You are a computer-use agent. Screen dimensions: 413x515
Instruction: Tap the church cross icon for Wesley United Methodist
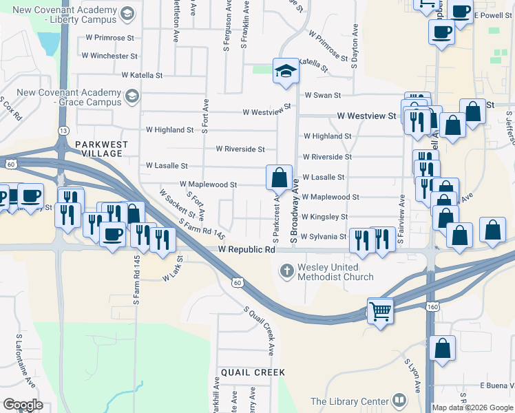(x=287, y=271)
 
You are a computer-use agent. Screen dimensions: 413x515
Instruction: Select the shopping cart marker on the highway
(x=379, y=312)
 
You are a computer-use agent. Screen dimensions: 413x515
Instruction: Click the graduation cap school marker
(x=286, y=70)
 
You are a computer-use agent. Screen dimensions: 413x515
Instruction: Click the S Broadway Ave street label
(x=295, y=211)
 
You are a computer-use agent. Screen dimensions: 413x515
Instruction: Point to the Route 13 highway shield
(x=63, y=129)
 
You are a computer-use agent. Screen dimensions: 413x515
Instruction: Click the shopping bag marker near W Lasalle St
(x=279, y=178)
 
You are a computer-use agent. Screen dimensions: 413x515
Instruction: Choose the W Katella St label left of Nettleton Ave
(x=142, y=75)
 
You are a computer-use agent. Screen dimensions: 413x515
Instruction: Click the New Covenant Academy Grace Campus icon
(x=131, y=98)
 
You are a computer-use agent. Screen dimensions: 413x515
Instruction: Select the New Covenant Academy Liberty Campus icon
(x=127, y=14)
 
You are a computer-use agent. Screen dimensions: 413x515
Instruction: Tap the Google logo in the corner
(x=23, y=405)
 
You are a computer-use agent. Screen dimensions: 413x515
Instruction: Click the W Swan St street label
(x=319, y=95)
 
